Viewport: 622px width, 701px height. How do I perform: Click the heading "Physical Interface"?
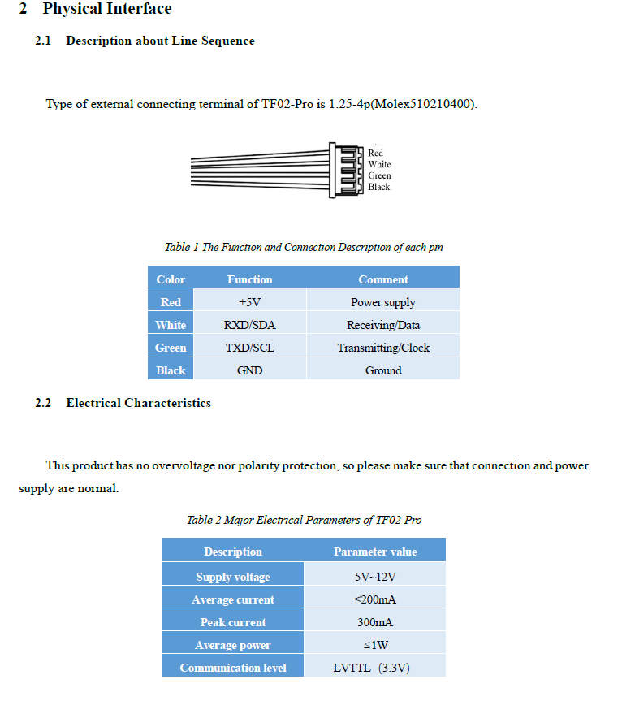107,9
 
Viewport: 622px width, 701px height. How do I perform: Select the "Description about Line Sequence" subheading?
160,41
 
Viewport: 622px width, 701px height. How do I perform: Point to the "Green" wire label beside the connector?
379,175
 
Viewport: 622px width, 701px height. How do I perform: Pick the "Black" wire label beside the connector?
378,187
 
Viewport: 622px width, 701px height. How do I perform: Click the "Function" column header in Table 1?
249,279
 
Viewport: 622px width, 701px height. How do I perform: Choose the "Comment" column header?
382,279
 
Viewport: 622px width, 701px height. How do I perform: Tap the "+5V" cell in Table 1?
249,302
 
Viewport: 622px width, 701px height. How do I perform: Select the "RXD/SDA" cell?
249,325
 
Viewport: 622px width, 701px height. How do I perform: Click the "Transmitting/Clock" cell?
383,348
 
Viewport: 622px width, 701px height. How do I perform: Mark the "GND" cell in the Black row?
249,370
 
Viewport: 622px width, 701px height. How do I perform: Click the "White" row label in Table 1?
171,325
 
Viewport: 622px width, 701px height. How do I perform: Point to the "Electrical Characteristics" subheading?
138,403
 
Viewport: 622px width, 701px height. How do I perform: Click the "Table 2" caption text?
304,520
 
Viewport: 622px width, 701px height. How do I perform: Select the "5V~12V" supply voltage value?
374,577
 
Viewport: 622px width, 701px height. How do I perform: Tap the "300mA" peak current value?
374,622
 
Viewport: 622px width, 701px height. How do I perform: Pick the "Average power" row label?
233,645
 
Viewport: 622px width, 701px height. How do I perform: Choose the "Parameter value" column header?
374,552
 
